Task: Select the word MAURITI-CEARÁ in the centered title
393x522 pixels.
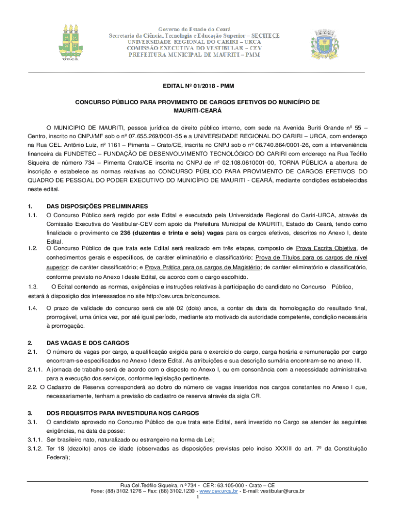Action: coord(196,110)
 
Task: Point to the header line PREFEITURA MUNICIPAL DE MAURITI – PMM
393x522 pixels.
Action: coord(197,55)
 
